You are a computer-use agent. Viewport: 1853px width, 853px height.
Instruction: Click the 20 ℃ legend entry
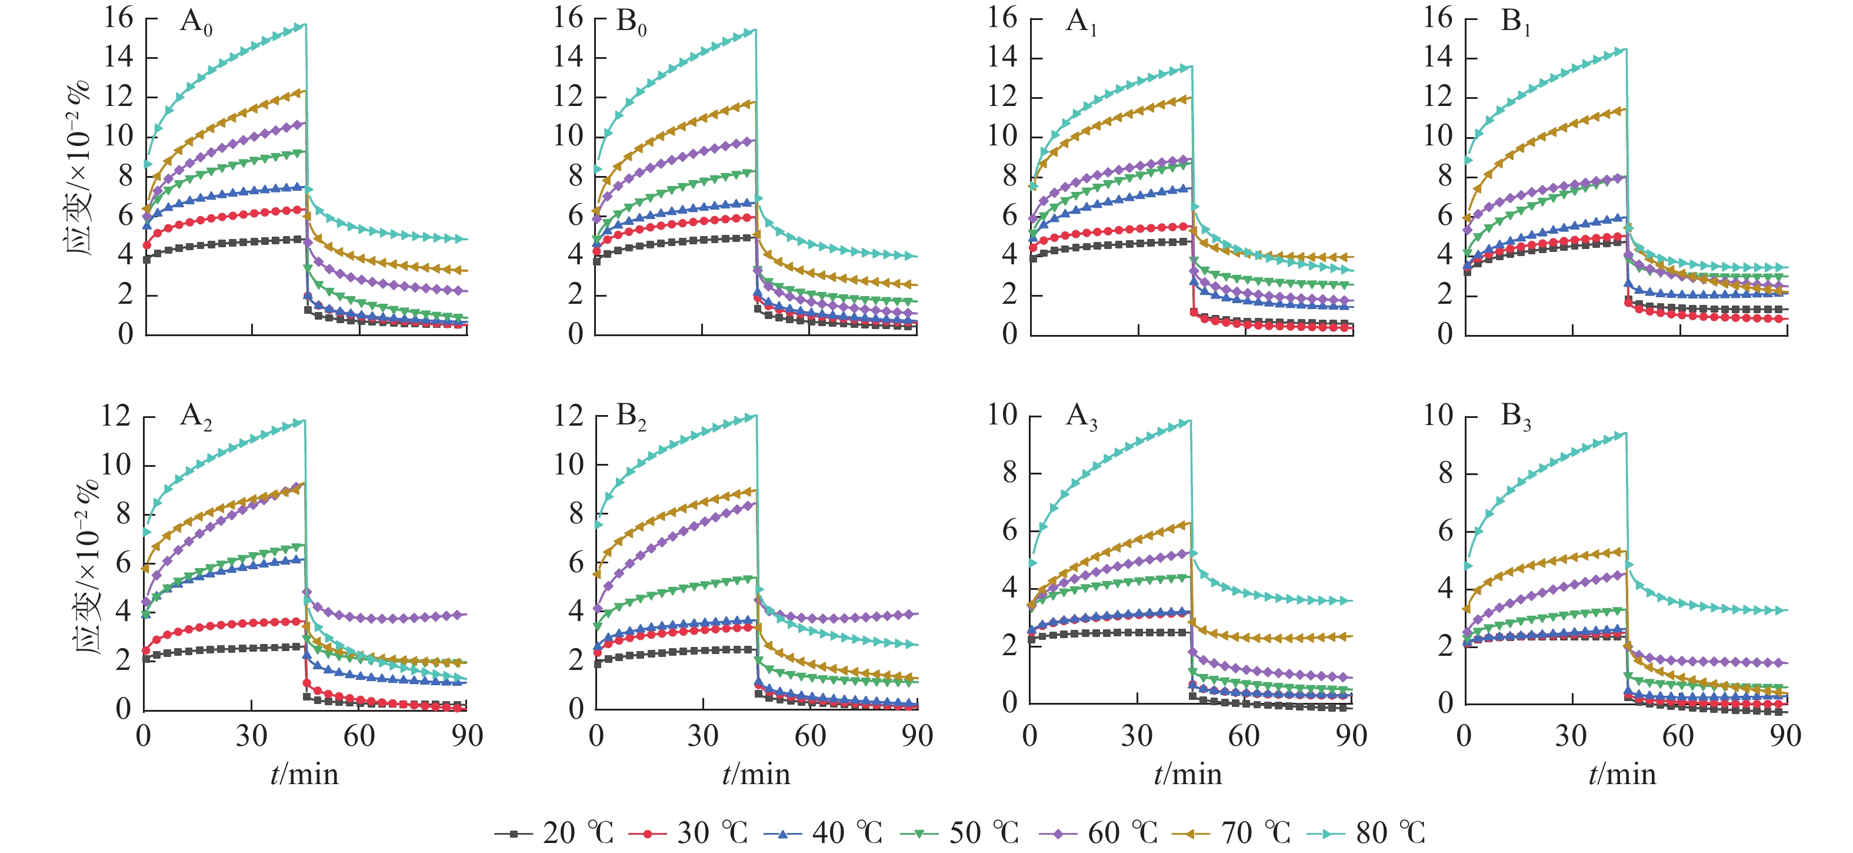pyautogui.click(x=554, y=833)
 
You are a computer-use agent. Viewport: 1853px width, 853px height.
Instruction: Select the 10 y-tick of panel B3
pyautogui.click(x=1439, y=416)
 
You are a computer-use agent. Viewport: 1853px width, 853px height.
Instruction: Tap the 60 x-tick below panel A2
pyautogui.click(x=359, y=736)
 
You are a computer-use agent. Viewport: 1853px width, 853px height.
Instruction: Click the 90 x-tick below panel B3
pyautogui.click(x=1785, y=736)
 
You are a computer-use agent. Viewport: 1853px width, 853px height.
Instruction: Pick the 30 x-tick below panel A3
pyautogui.click(x=1137, y=736)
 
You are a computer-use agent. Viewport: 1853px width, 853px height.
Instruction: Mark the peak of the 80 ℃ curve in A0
pyautogui.click(x=305, y=25)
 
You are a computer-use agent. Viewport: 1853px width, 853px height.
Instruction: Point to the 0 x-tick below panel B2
pyautogui.click(x=595, y=736)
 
